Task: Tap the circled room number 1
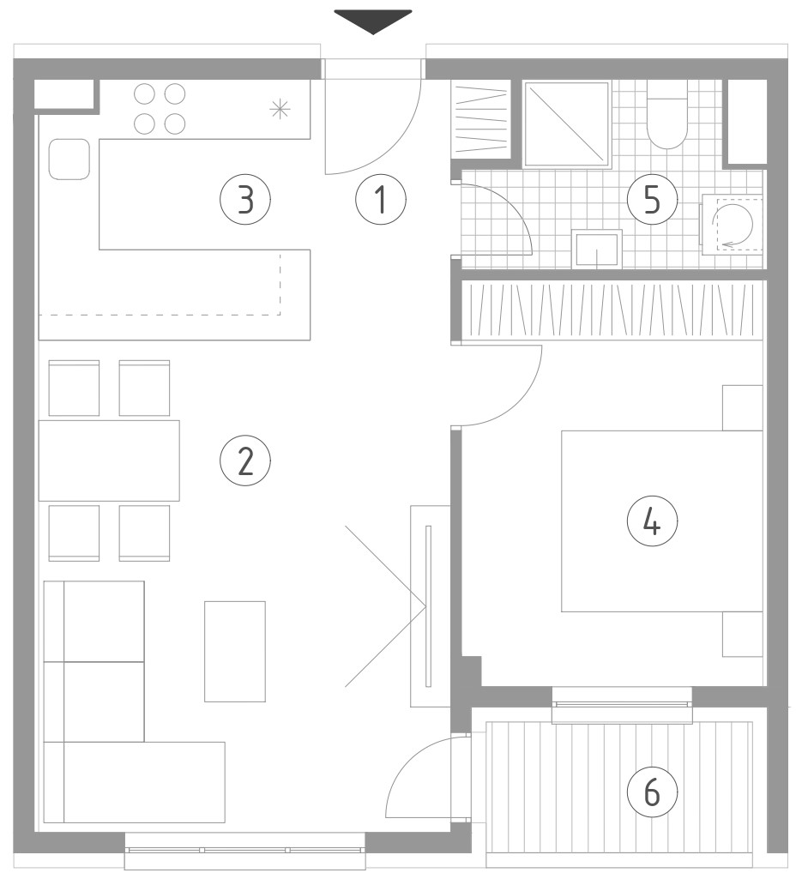[381, 199]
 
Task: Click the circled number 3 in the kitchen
[245, 199]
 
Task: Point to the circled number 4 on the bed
[652, 521]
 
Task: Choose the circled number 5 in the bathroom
[652, 199]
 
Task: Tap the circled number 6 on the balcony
[652, 792]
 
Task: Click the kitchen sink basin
[69, 160]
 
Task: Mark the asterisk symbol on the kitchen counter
[280, 108]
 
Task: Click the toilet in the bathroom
[666, 114]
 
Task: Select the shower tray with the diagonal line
[568, 124]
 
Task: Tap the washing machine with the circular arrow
[733, 224]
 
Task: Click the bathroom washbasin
[596, 249]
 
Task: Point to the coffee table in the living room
[235, 652]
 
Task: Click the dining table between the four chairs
[109, 461]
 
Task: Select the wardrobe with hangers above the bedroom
[612, 311]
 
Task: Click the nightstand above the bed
[743, 408]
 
